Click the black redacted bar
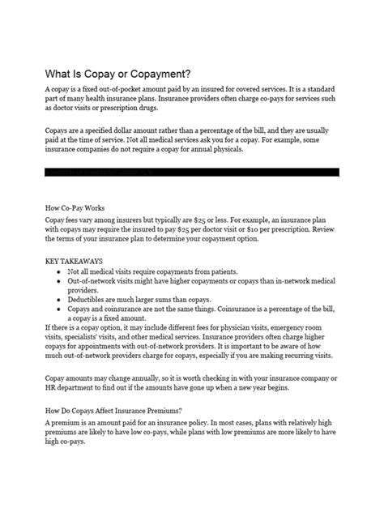point(192,172)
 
